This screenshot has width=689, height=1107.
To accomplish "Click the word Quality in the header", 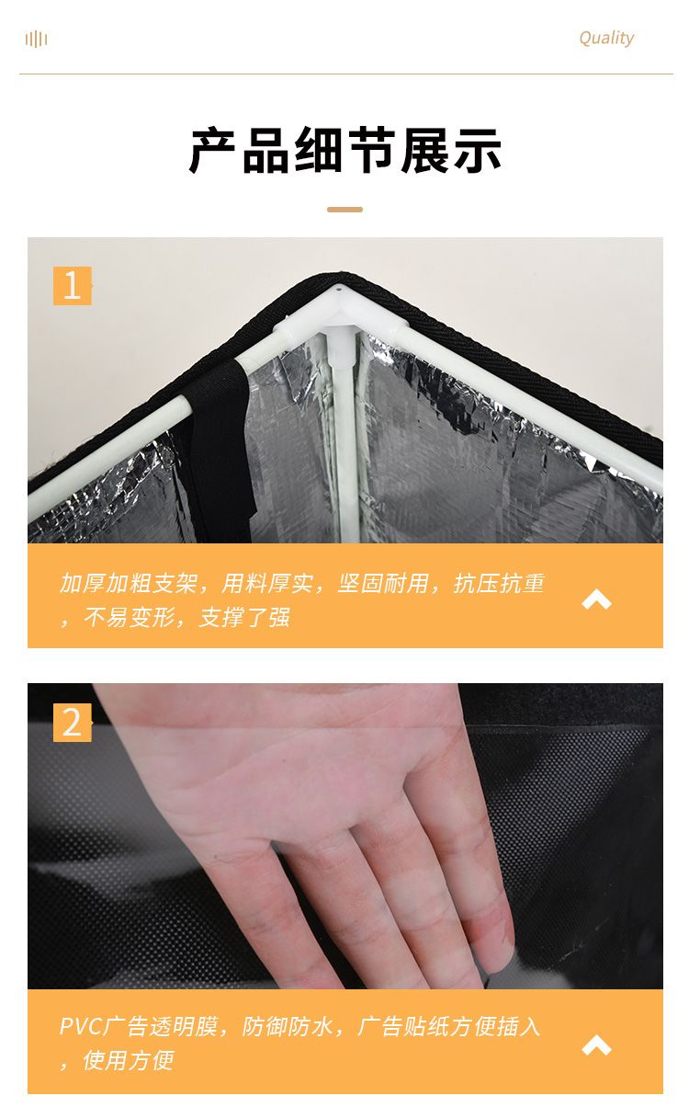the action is pos(606,38).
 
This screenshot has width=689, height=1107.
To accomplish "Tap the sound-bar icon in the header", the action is pos(36,39).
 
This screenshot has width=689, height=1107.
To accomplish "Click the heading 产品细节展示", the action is pos(344,150).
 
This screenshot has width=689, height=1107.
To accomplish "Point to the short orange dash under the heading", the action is pos(344,210).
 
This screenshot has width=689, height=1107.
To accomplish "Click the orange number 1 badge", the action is pos(72,286).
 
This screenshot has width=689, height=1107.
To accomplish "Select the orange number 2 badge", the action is pos(72,723).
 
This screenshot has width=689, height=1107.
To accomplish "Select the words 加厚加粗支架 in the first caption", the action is pos(129,584).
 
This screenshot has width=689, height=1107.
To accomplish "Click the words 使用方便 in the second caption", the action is pos(129,1060).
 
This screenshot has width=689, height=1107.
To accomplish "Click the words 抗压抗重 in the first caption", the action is pos(499,584).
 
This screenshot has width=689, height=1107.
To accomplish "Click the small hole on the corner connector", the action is pos(339,287).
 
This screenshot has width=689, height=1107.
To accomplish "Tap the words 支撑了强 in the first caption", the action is pos(244,617).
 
